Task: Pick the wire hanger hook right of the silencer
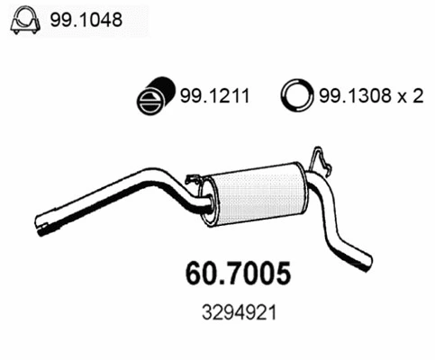pos(320,162)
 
